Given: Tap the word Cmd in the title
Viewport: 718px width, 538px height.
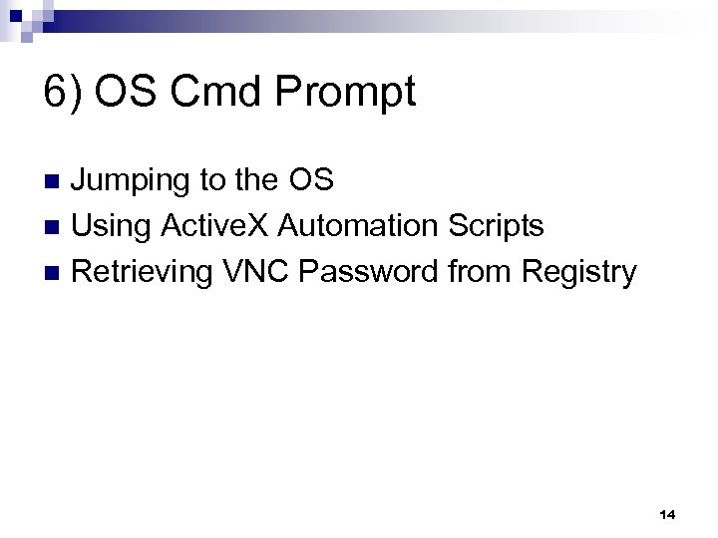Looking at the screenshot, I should click(x=213, y=94).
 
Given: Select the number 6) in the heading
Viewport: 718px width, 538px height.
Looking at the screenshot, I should click(x=64, y=94).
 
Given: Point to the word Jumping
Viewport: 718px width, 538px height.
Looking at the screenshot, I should click(x=134, y=182).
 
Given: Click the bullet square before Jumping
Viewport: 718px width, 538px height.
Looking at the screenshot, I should click(x=55, y=182).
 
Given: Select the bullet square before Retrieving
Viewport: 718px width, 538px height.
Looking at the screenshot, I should click(x=55, y=272).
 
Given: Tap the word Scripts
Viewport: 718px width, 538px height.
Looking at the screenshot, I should click(x=496, y=227).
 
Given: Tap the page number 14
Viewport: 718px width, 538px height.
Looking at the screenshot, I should click(x=668, y=514).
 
